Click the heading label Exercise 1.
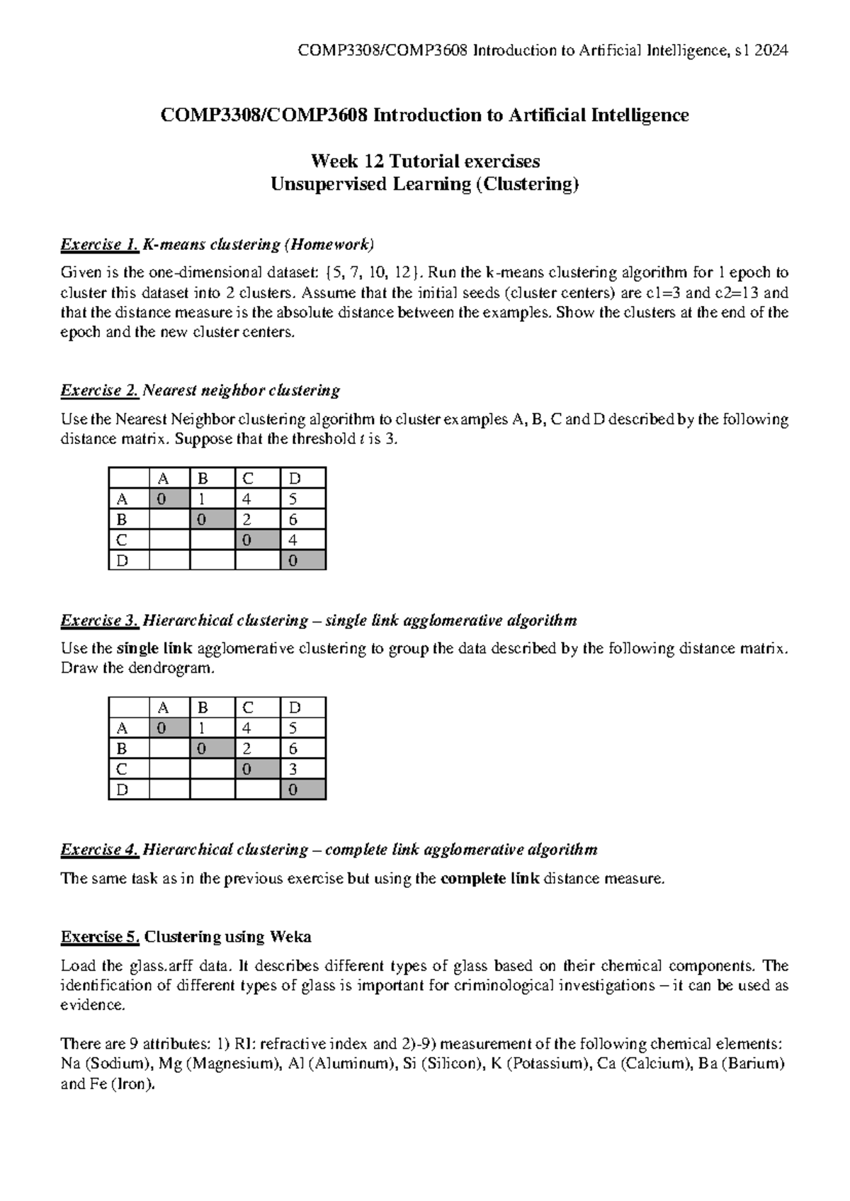coord(99,245)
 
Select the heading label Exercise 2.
coord(99,390)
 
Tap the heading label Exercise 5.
coord(100,937)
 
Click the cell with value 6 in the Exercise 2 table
coord(293,519)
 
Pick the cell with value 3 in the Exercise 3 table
coord(293,769)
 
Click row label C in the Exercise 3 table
coord(122,769)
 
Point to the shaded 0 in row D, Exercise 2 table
coord(293,561)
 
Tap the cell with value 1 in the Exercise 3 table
coord(202,728)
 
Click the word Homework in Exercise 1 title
coord(329,245)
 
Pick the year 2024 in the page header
coord(771,50)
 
